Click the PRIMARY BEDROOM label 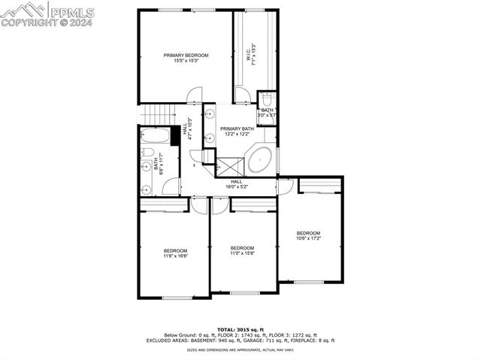tap(186, 56)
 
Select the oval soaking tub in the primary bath tap(260, 159)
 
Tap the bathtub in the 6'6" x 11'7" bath tap(156, 137)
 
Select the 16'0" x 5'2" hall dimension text tap(236, 186)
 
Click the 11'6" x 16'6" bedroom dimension tap(175, 256)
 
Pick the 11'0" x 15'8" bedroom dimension tap(242, 253)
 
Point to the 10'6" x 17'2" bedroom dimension tap(308, 239)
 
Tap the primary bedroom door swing tap(194, 95)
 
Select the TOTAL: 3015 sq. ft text tap(240, 329)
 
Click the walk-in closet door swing tap(242, 95)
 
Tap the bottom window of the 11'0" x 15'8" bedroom tap(245, 292)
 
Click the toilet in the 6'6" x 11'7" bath tap(147, 153)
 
